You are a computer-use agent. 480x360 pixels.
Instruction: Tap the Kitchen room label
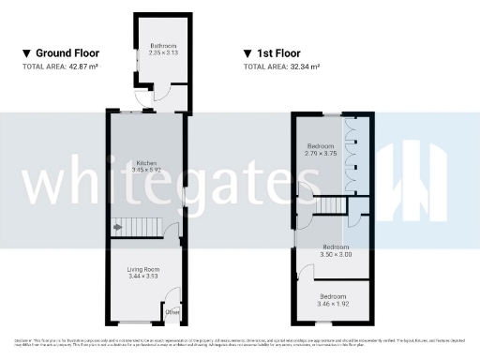coord(143,162)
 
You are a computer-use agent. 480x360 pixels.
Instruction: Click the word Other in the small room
coord(172,311)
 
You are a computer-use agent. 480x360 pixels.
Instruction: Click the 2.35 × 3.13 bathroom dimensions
coord(163,53)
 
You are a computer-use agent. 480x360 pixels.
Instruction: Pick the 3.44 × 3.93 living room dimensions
coord(143,277)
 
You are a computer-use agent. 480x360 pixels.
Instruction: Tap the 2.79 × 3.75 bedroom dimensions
coord(320,155)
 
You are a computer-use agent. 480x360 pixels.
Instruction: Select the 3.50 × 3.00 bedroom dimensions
coord(335,254)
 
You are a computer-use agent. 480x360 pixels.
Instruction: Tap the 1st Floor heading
coord(285,53)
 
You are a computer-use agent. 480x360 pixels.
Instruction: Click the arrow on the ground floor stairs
coord(117,226)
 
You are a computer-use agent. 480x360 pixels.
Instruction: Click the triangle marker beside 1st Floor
coord(247,54)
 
